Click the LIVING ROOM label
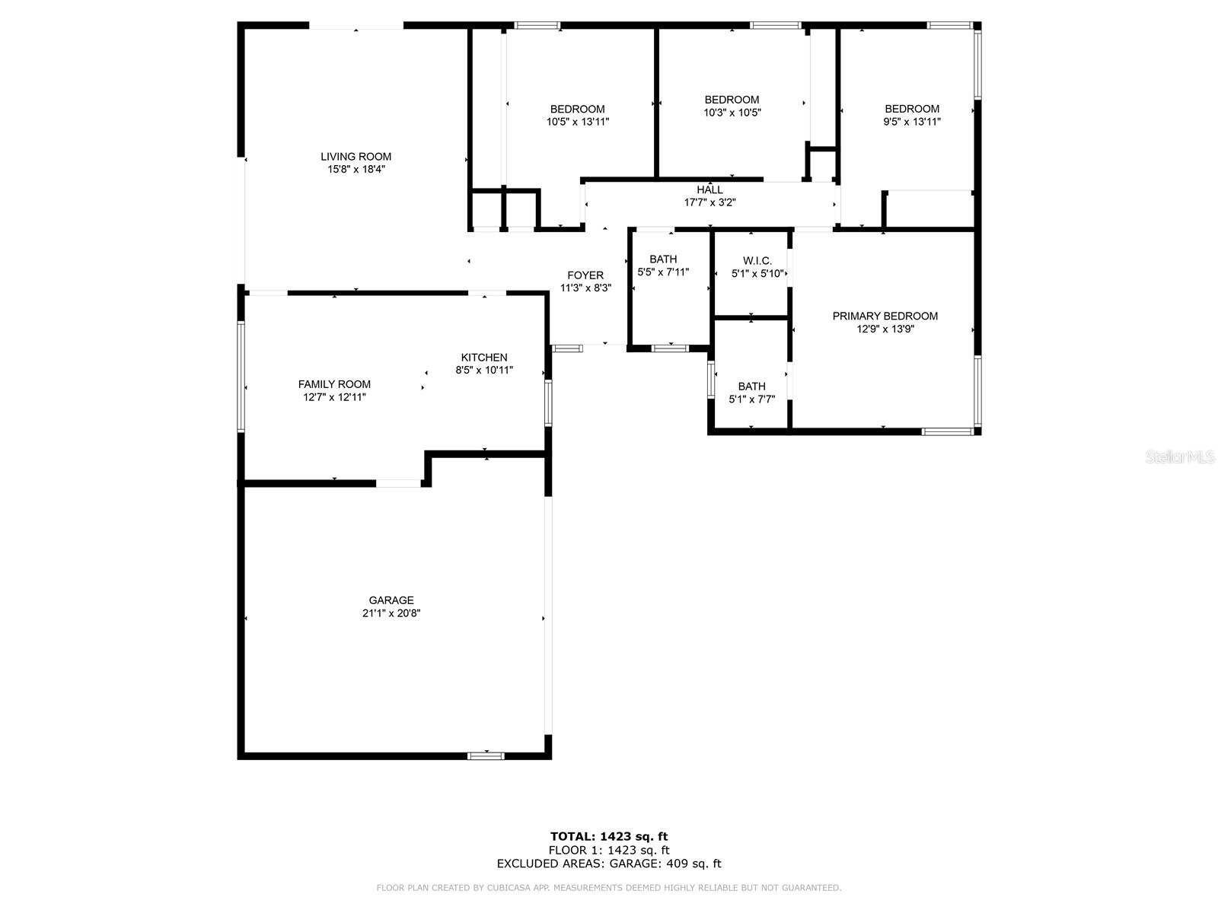[x=356, y=157]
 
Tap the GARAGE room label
[x=391, y=600]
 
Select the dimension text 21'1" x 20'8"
[x=391, y=613]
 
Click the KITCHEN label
[x=484, y=358]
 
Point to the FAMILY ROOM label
[x=334, y=384]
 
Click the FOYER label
[x=585, y=275]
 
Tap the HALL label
[x=709, y=189]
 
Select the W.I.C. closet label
[x=751, y=261]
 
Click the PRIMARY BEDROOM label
[x=885, y=316]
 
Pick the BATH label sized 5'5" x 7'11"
[x=663, y=259]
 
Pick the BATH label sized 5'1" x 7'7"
[x=751, y=387]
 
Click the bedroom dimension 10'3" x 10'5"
[x=732, y=113]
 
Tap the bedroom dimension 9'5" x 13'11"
[x=911, y=122]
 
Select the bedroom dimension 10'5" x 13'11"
[x=577, y=122]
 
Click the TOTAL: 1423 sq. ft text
[x=609, y=837]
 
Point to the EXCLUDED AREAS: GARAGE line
[x=609, y=864]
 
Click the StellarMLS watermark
[x=1181, y=457]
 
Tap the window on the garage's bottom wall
[x=486, y=756]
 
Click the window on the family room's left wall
[x=241, y=377]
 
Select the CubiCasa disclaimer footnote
[x=609, y=888]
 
